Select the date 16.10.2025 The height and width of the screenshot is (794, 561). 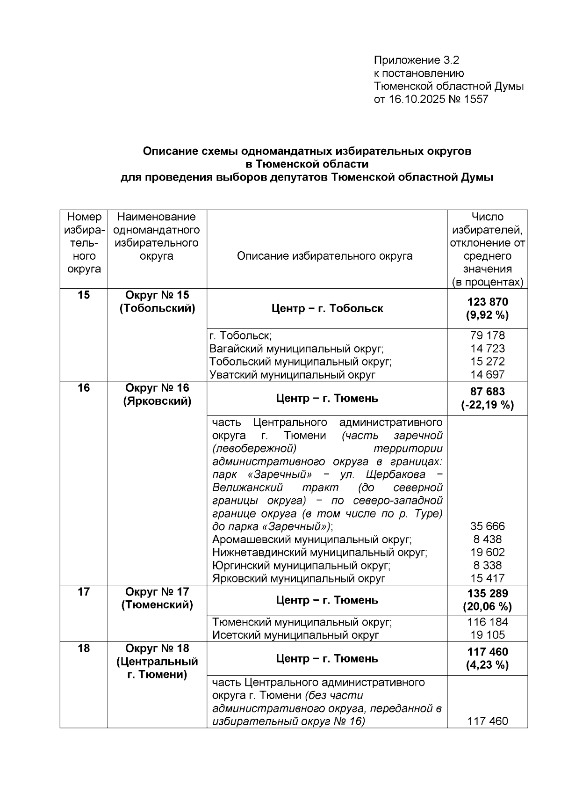[x=416, y=100]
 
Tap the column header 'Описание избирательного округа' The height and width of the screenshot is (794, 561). [x=324, y=256]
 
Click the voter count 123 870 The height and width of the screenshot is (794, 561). [x=487, y=302]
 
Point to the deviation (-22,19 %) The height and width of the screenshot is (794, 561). [x=487, y=405]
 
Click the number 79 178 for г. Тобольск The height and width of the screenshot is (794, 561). [x=487, y=335]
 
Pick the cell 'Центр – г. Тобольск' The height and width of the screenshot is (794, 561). [x=327, y=309]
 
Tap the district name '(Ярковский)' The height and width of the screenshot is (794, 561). [x=157, y=401]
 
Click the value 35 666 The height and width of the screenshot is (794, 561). [x=487, y=526]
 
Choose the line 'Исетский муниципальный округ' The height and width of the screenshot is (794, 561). [x=295, y=635]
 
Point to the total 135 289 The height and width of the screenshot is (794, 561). [x=487, y=594]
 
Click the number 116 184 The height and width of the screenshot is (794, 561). [x=487, y=622]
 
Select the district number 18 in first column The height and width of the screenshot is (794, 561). [x=84, y=648]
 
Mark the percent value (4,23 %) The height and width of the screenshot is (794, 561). [x=487, y=665]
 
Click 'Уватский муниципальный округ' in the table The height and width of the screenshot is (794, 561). [x=293, y=375]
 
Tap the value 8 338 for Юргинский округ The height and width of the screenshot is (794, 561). [x=487, y=565]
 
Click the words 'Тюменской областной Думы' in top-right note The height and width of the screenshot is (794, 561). [x=449, y=87]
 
